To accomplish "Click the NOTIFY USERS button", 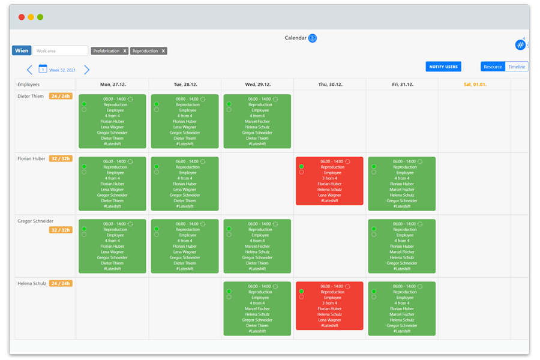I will (x=443, y=67).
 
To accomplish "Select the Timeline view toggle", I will (x=517, y=67).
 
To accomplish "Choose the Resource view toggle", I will (x=493, y=67).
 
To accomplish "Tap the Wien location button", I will (x=22, y=51).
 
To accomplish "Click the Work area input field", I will (x=60, y=51).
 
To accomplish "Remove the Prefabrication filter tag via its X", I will (x=125, y=51).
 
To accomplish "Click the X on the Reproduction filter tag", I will (x=163, y=51).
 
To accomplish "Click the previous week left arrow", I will (x=29, y=70).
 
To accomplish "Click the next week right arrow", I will (x=86, y=70).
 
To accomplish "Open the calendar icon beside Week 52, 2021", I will (x=43, y=69).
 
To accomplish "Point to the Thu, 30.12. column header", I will (x=329, y=85).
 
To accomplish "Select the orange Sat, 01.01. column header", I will (x=475, y=85).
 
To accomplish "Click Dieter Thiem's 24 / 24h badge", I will (x=61, y=96).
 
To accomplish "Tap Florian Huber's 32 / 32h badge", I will (x=61, y=159).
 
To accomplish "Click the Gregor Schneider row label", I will (x=35, y=221).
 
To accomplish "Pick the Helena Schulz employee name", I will (x=31, y=283).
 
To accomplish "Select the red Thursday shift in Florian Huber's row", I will (x=329, y=181).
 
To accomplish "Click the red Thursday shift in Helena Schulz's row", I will (x=329, y=306).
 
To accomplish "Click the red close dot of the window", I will (x=22, y=17).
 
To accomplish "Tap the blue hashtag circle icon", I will (x=520, y=45).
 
